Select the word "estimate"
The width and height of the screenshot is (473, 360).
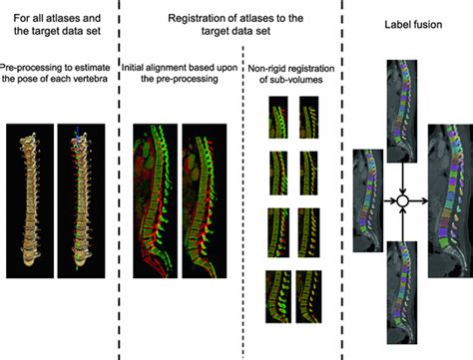coord(100,67)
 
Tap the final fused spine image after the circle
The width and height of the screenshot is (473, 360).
coord(448,194)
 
